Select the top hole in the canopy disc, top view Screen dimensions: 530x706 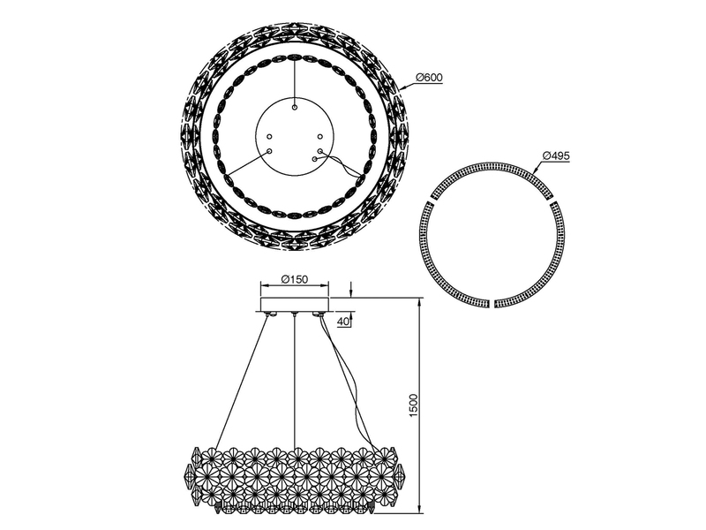[x=295, y=106]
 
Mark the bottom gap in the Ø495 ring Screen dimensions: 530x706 [x=492, y=303]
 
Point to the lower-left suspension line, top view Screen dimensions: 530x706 [x=247, y=163]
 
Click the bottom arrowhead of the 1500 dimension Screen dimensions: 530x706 [x=417, y=507]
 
